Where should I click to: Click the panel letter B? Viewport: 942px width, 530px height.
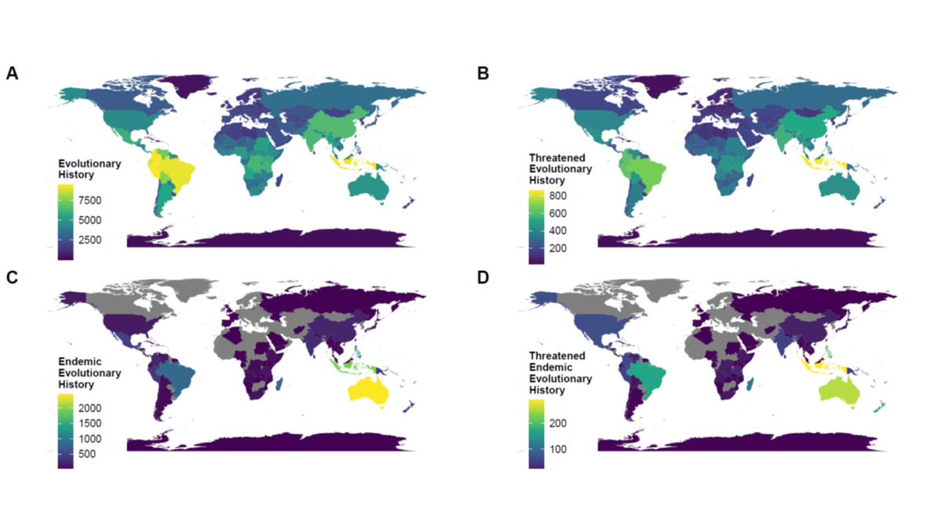483,73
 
